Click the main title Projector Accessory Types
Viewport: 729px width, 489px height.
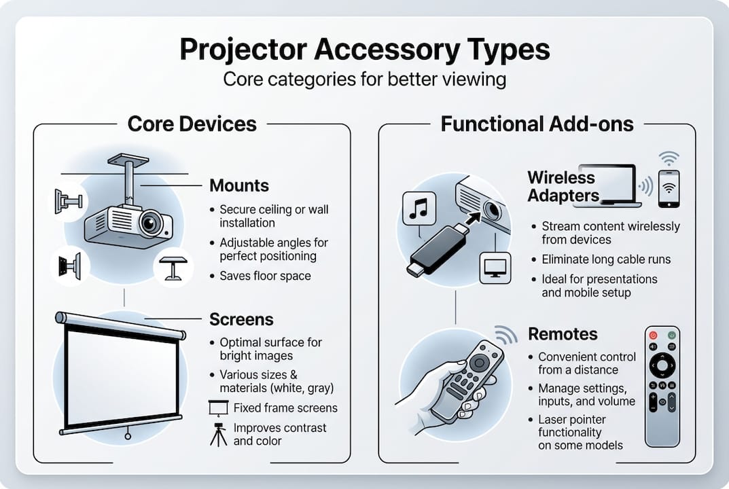[364, 50]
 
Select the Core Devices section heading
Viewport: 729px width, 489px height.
[192, 124]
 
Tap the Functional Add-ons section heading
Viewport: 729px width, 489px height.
[537, 124]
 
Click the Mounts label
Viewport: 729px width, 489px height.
[239, 185]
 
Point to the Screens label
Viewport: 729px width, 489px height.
[241, 319]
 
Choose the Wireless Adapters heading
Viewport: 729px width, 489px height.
[563, 187]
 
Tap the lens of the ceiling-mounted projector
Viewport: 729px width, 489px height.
[151, 222]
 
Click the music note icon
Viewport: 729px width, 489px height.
[419, 208]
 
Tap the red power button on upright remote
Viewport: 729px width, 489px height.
[654, 335]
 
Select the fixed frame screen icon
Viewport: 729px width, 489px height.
[217, 408]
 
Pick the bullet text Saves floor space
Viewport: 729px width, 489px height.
[265, 276]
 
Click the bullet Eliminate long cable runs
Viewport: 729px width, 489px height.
[606, 259]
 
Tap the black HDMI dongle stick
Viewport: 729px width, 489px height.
[438, 248]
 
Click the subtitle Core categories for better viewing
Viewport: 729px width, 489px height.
[364, 79]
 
